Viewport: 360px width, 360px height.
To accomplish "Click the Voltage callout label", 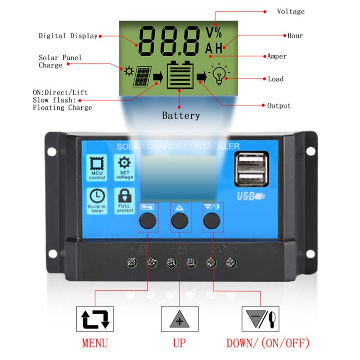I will pyautogui.click(x=290, y=12).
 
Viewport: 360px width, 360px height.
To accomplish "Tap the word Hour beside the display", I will pyautogui.click(x=295, y=36).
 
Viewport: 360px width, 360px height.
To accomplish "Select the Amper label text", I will pyautogui.click(x=277, y=56).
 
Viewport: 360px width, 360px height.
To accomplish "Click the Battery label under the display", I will pyautogui.click(x=181, y=116).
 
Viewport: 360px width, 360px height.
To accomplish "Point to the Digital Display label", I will pyautogui.click(x=68, y=36).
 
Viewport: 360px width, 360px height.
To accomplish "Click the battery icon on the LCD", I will pyautogui.click(x=180, y=76).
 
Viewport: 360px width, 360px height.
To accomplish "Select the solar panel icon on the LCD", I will pyautogui.click(x=142, y=77).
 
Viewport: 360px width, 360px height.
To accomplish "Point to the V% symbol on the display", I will pyautogui.click(x=214, y=32).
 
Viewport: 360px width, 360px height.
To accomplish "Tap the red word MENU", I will pyautogui.click(x=95, y=343).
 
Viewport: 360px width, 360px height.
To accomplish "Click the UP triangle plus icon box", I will pyautogui.click(x=180, y=319).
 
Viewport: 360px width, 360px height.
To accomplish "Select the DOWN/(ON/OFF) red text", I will pyautogui.click(x=268, y=343).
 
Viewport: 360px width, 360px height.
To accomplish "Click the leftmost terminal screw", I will pyautogui.click(x=132, y=261).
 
